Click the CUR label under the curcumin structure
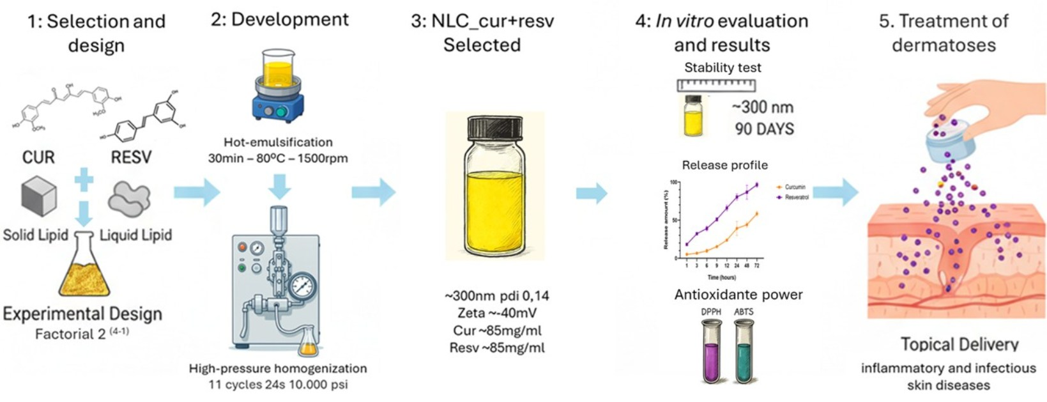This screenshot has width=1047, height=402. [x=38, y=157]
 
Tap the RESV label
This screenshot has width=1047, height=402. [x=131, y=157]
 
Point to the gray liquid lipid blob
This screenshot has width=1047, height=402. [x=129, y=199]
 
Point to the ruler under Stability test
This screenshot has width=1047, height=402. [x=716, y=85]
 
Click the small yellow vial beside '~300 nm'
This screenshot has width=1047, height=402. [x=693, y=116]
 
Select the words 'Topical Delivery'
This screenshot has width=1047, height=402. [x=959, y=344]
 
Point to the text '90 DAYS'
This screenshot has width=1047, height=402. [x=764, y=129]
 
